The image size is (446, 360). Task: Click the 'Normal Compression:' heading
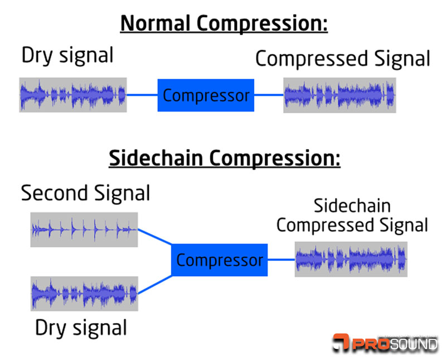coord(224,24)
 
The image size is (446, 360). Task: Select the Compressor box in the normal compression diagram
coord(206,95)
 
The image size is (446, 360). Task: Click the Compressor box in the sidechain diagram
coord(220,260)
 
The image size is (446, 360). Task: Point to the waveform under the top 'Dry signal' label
coord(72,95)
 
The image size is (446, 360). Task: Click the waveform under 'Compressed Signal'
coord(340,95)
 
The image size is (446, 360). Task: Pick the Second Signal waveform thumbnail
coord(84,229)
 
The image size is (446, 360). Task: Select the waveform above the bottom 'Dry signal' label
coord(84,293)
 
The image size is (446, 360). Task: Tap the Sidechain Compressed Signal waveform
coord(351,259)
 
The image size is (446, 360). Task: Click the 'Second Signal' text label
coord(85,193)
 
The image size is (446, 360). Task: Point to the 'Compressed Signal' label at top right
coord(342,59)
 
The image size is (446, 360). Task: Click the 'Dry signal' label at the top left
coord(67,55)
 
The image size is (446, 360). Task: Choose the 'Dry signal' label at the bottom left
coord(81,327)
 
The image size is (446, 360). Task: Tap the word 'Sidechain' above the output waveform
coord(352,206)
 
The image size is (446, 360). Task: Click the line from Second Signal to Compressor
coord(154,237)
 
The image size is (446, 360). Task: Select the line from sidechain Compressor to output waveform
coord(281,260)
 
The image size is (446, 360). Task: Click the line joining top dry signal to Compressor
coord(142,95)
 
